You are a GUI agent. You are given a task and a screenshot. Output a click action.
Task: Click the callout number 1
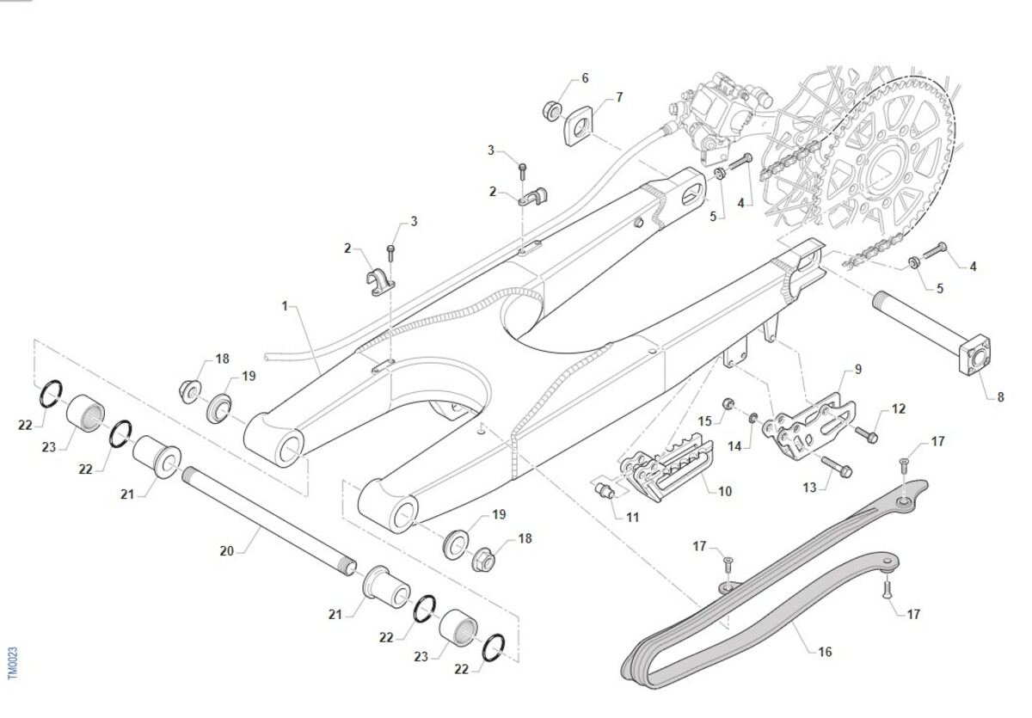285,305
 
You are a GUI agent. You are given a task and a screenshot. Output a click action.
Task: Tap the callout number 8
1000,397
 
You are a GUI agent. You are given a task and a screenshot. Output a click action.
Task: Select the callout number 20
227,550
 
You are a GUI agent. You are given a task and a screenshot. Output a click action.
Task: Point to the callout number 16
825,652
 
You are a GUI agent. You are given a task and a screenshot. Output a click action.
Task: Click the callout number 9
857,370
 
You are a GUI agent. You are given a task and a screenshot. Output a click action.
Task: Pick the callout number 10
725,492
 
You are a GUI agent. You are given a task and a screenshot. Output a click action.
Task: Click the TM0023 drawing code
12,665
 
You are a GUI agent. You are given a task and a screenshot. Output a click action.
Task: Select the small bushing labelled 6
551,110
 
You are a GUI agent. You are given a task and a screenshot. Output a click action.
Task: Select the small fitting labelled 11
605,491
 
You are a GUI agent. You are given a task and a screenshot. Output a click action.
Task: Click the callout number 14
733,446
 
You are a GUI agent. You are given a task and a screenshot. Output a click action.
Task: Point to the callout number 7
618,97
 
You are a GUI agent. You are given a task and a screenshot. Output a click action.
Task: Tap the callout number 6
585,78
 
